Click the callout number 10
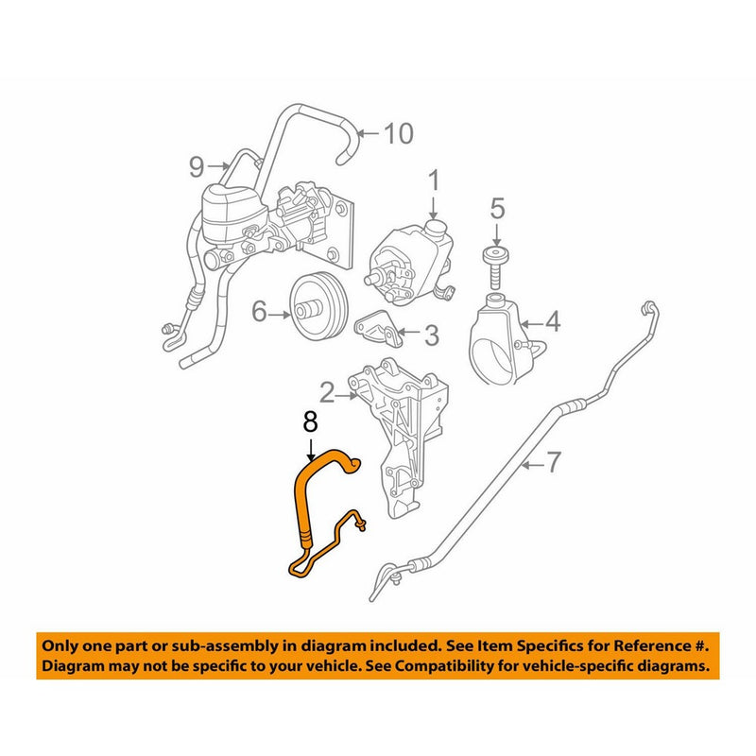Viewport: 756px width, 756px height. click(399, 134)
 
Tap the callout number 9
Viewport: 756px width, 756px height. click(197, 168)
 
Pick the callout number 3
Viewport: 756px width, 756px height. click(430, 334)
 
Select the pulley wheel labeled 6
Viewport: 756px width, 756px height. click(314, 307)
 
